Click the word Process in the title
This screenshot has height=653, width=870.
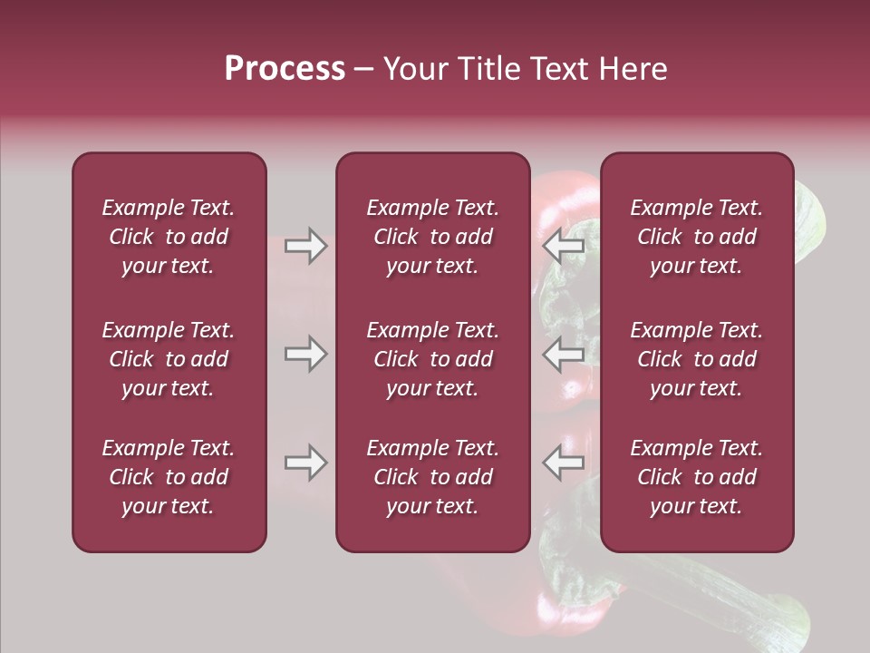[285, 69]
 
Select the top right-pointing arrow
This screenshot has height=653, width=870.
[305, 246]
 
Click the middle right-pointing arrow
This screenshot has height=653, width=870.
[305, 354]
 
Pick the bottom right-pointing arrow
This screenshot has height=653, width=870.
[305, 463]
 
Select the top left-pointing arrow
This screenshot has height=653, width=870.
[563, 246]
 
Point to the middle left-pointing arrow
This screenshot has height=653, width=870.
[563, 354]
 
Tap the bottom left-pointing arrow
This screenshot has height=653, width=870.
[563, 463]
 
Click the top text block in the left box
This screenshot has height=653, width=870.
[169, 237]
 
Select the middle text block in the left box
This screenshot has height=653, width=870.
[169, 359]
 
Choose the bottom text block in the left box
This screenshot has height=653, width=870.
[169, 477]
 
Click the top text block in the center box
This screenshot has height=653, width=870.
[433, 237]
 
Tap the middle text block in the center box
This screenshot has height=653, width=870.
[433, 359]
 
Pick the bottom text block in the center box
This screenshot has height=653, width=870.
[433, 477]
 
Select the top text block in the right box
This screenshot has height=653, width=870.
[697, 237]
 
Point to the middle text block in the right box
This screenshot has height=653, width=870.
[697, 359]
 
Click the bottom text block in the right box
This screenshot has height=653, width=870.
[697, 477]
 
